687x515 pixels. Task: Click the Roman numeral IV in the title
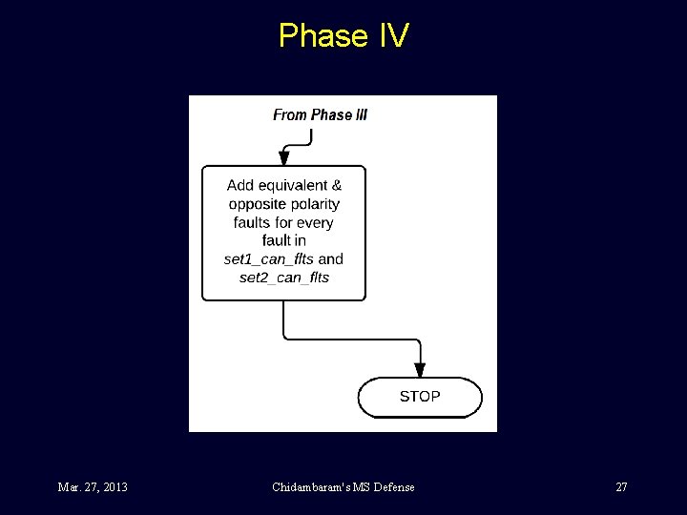tap(393, 36)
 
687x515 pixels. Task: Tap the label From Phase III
tap(320, 114)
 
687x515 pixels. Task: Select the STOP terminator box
tap(420, 397)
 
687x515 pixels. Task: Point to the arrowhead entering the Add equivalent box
tap(283, 158)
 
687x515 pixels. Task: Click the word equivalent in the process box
tap(292, 185)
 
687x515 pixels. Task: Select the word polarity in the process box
tap(314, 204)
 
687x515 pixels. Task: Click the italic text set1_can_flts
tap(268, 259)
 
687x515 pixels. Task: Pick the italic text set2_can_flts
tap(283, 278)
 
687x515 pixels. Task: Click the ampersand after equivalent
tap(337, 185)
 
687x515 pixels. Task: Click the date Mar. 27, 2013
tap(93, 487)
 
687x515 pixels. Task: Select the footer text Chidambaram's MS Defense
tap(343, 487)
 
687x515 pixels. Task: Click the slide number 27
tap(621, 487)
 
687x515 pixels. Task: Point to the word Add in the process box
tap(240, 185)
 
